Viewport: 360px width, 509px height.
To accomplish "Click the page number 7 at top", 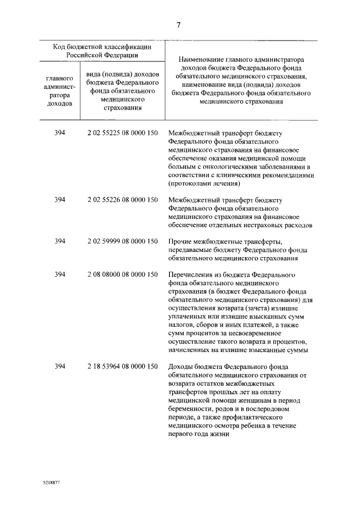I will click(x=178, y=25).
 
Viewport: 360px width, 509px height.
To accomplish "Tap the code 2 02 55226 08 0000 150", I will click(x=122, y=200).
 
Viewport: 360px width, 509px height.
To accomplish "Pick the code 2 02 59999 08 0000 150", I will click(x=122, y=242).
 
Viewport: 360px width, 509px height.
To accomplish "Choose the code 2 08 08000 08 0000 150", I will click(x=122, y=274).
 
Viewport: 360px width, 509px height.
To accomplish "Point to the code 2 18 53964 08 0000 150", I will click(x=122, y=367).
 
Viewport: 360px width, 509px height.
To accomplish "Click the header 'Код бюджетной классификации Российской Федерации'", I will click(x=102, y=52).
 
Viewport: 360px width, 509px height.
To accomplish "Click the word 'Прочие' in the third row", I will click(x=179, y=242).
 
